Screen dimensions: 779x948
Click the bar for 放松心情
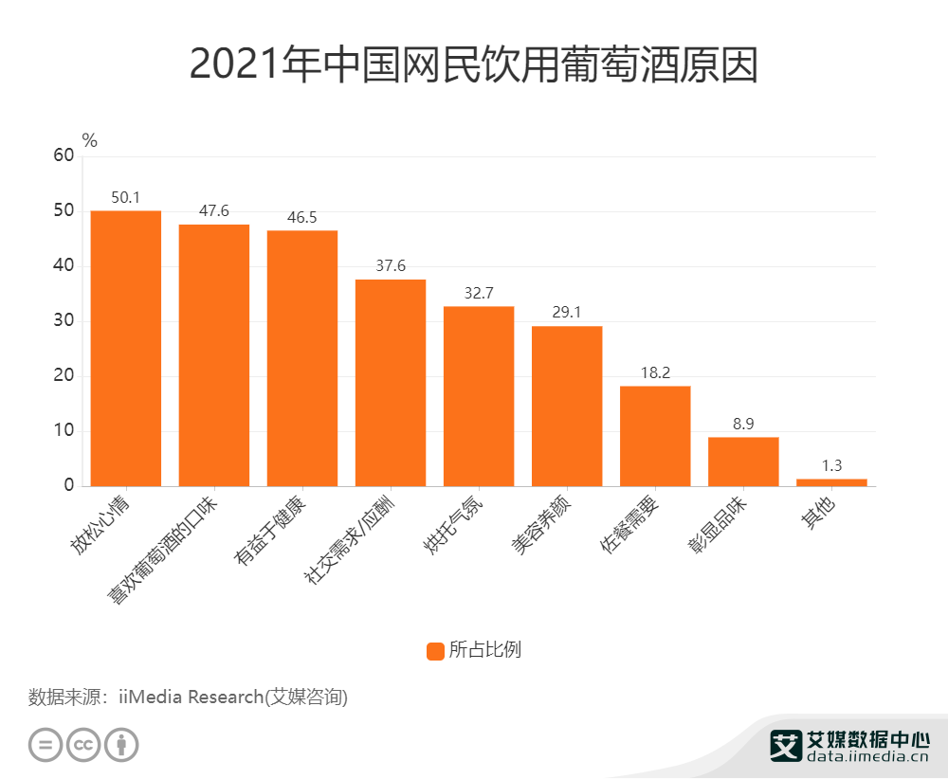point(125,348)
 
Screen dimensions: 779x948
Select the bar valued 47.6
point(213,355)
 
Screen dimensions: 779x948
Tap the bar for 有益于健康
point(301,358)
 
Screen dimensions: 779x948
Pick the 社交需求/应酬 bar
point(390,383)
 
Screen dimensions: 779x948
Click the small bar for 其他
point(830,482)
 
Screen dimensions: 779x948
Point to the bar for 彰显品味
point(742,462)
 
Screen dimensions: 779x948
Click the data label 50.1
point(125,198)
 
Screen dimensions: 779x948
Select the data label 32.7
point(478,294)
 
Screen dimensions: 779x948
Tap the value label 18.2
point(654,373)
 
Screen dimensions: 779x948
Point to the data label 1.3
point(830,465)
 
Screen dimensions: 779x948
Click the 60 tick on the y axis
point(63,155)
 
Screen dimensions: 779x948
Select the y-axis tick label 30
point(63,321)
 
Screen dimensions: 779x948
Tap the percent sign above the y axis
point(90,140)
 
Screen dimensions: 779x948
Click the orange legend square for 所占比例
point(435,650)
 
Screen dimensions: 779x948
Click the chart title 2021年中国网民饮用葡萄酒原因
point(473,64)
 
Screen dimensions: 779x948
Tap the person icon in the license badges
point(121,744)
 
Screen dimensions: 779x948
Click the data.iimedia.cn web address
point(867,758)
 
